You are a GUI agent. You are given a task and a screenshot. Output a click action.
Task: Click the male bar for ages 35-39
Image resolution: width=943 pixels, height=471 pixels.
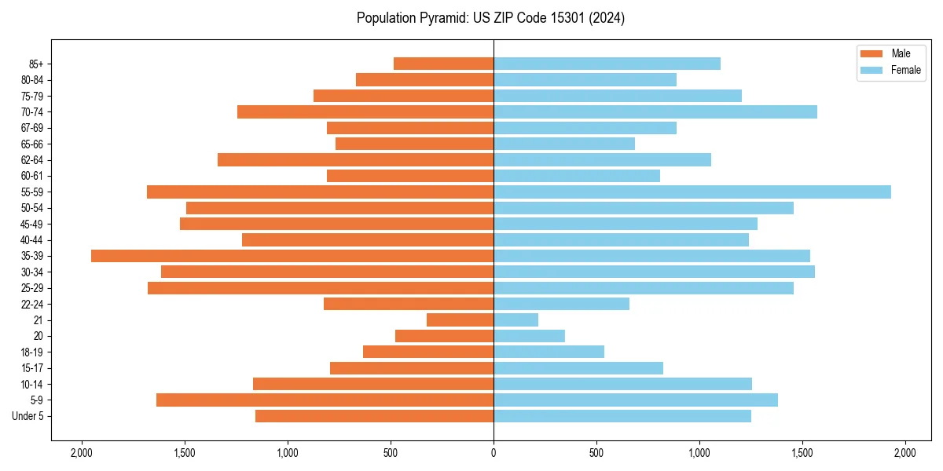(x=292, y=256)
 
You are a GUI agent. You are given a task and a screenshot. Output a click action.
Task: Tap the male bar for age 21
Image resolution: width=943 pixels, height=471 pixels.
(x=460, y=320)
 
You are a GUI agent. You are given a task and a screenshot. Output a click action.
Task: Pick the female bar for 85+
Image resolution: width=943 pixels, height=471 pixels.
(x=607, y=64)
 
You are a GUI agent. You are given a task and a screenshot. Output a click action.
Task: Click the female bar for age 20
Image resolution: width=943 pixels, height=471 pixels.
(x=529, y=336)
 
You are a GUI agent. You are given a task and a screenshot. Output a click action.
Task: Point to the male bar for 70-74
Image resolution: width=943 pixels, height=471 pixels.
(x=365, y=111)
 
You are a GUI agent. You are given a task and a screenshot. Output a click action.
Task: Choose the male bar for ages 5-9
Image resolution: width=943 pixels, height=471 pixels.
(x=325, y=400)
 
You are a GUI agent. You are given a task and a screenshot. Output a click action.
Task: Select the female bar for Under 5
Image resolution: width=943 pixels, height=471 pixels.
(x=622, y=416)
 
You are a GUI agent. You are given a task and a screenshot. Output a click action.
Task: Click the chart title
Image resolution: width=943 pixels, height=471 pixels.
(x=490, y=18)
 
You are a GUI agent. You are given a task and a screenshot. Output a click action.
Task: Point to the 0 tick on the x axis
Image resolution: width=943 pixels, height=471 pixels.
(x=494, y=453)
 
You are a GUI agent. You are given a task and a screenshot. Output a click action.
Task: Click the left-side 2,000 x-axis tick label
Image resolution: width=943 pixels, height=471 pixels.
(x=81, y=453)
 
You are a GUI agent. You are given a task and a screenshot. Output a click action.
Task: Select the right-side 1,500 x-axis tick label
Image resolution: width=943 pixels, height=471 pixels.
(x=802, y=453)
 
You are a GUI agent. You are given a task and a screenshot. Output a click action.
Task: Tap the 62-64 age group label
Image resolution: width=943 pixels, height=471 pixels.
(x=32, y=160)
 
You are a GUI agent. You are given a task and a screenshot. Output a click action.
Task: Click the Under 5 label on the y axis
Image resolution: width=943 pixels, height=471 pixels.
(x=28, y=416)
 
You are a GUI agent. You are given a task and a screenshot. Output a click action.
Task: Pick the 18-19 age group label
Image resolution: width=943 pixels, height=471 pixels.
(x=32, y=352)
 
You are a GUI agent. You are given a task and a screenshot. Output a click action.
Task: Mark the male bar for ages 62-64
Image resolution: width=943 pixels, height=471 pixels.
(x=355, y=159)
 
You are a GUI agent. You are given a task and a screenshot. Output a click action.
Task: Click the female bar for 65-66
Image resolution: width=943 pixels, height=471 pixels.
(x=563, y=144)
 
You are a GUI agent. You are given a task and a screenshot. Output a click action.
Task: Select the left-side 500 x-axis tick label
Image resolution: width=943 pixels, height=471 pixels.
(x=391, y=453)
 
